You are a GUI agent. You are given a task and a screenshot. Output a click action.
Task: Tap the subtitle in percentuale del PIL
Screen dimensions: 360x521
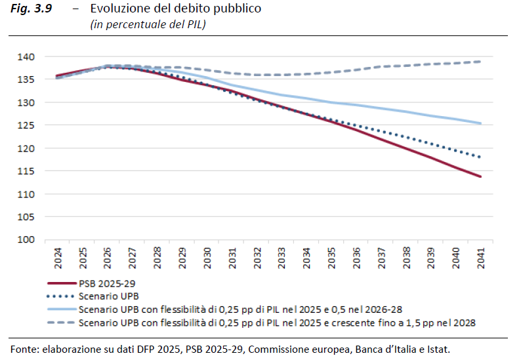[149, 24]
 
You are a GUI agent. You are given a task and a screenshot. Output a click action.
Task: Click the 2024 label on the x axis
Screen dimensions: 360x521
[57, 256]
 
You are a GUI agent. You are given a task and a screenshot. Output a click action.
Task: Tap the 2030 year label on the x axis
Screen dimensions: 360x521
[207, 256]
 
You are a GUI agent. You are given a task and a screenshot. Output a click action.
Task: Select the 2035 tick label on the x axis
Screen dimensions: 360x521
[331, 256]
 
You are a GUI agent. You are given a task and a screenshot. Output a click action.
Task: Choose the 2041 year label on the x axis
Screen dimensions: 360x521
[481, 256]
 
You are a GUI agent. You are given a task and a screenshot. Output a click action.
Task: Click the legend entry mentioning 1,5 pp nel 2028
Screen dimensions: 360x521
[276, 323]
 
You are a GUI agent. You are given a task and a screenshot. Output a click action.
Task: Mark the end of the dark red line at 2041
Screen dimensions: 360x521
[481, 176]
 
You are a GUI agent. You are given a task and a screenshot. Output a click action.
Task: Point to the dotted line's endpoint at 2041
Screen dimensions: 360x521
[481, 157]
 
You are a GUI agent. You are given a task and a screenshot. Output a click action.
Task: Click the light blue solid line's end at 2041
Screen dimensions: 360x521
[481, 123]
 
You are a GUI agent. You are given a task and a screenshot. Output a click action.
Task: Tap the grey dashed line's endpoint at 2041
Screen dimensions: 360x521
[481, 62]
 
